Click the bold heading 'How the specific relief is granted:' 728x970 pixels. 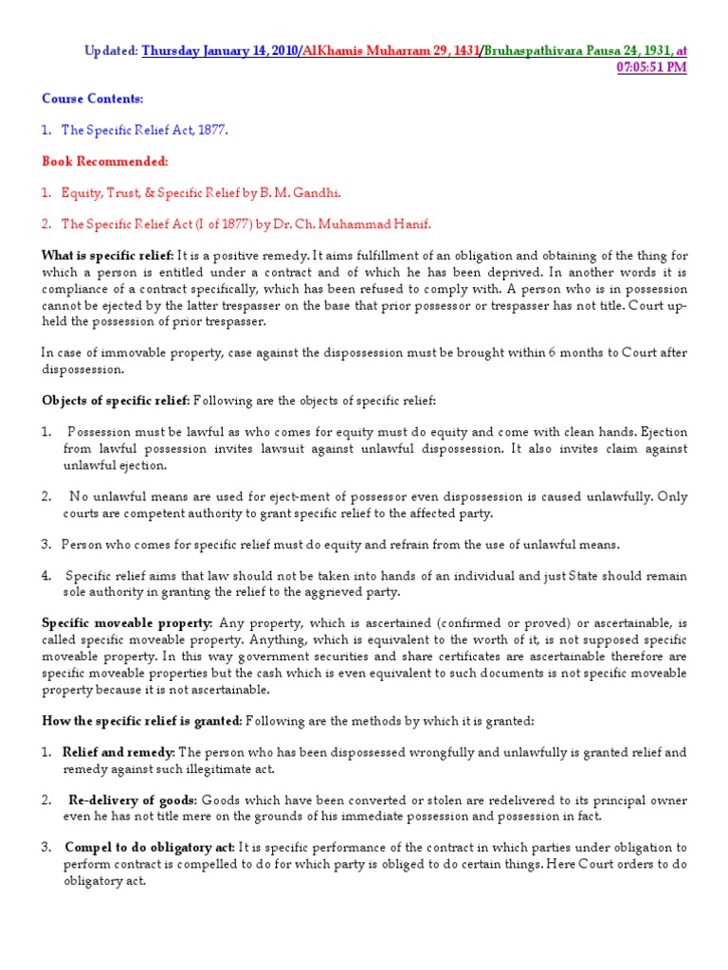point(140,721)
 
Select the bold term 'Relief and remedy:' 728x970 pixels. point(118,752)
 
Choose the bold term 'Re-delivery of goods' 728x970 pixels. point(131,799)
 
